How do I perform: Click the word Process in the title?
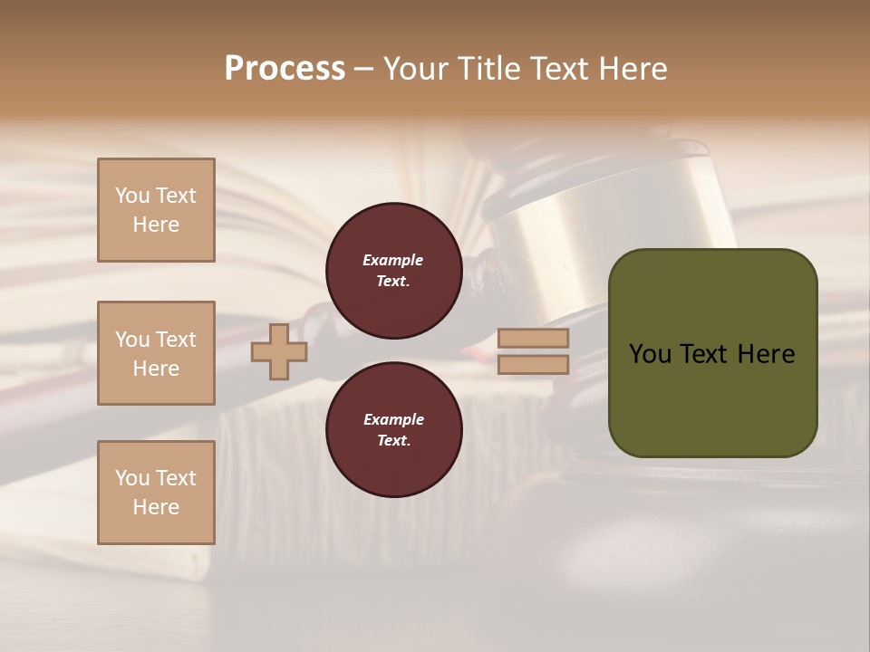click(285, 68)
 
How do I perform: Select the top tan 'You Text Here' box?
click(156, 210)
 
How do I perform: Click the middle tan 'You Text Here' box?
click(156, 353)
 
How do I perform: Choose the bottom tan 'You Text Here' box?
click(156, 492)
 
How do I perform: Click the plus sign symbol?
click(279, 351)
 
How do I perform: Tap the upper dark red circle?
click(393, 271)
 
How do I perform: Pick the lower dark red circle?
click(393, 430)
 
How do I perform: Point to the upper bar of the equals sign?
click(533, 339)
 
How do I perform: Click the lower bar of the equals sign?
click(533, 364)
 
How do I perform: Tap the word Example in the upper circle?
click(393, 260)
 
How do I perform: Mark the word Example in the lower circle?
click(393, 419)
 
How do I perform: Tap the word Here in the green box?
click(766, 354)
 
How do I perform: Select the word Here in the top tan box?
click(156, 225)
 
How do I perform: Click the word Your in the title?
click(416, 68)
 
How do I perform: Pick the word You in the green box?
click(651, 354)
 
